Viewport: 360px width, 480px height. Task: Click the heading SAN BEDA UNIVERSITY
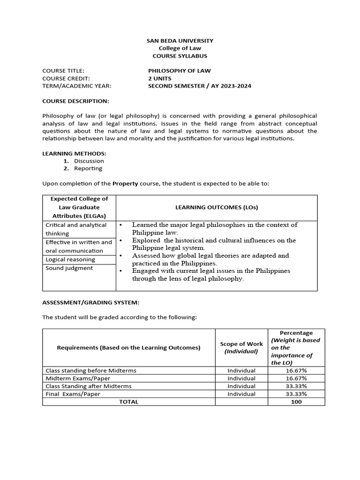click(x=180, y=41)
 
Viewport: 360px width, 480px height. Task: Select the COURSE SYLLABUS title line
click(x=180, y=56)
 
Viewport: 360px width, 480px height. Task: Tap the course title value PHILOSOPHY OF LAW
click(x=180, y=71)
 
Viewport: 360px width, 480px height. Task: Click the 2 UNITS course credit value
click(x=160, y=78)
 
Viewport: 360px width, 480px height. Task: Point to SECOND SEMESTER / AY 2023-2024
click(x=200, y=86)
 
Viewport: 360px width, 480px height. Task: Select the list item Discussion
click(x=89, y=161)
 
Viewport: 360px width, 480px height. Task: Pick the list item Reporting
click(x=88, y=168)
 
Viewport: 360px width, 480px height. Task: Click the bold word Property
click(x=125, y=183)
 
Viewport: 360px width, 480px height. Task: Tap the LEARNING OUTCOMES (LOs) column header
click(x=217, y=207)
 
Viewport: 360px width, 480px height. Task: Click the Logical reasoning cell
click(x=70, y=259)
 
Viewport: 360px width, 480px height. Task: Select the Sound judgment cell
click(x=69, y=268)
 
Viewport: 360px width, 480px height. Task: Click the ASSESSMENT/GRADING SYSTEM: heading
click(x=91, y=302)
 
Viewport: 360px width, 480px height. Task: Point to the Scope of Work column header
click(x=241, y=347)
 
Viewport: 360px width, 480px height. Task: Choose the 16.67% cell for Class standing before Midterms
click(x=296, y=370)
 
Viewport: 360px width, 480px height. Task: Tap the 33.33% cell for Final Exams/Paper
click(x=296, y=394)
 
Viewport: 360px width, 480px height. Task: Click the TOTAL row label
click(x=129, y=402)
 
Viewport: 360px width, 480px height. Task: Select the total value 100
click(x=296, y=402)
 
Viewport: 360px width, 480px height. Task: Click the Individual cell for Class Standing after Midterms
click(x=241, y=386)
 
